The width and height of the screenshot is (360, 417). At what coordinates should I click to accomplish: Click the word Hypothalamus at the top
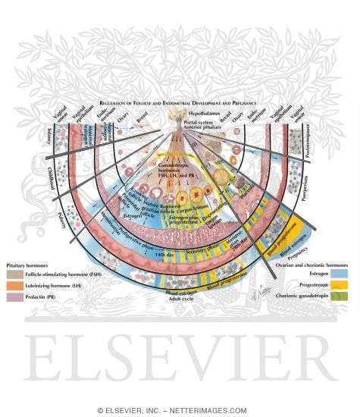point(180,110)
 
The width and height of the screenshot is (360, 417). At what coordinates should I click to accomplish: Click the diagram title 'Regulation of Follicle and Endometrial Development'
point(180,100)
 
